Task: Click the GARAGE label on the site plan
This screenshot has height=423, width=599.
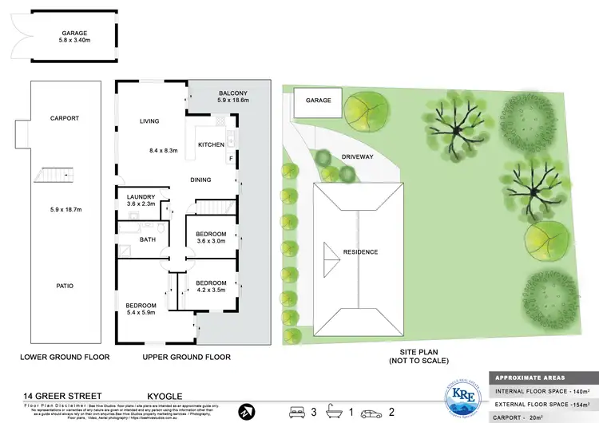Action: pos(319,101)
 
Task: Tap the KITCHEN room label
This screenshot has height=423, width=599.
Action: pos(210,144)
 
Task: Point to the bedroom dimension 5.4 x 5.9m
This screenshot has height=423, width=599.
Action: pos(144,313)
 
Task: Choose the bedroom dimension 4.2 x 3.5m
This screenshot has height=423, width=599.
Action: pos(212,291)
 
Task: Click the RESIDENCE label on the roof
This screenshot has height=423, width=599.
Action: pos(360,252)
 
